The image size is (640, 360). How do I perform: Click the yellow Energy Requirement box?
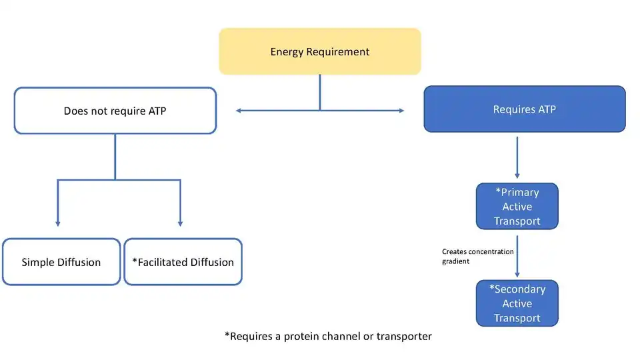(320, 51)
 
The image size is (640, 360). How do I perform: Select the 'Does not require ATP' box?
(115, 111)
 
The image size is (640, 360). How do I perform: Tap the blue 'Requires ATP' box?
(525, 109)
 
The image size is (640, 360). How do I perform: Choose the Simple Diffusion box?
(61, 262)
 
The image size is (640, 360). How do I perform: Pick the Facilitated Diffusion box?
(183, 262)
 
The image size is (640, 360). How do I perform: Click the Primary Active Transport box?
(517, 206)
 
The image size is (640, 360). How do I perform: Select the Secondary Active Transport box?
(517, 303)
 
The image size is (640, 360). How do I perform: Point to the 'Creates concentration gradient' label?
(477, 256)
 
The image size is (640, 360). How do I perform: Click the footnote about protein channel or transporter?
(328, 336)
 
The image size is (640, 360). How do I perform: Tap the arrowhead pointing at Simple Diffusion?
(58, 224)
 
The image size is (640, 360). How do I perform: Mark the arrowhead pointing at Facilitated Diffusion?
(181, 224)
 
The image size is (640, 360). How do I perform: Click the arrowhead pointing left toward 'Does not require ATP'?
(239, 111)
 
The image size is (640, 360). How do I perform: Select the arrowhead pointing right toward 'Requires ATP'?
(401, 111)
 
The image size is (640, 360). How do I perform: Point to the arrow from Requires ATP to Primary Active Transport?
(517, 157)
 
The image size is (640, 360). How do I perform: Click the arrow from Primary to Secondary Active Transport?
(517, 256)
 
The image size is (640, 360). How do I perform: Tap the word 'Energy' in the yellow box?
(287, 52)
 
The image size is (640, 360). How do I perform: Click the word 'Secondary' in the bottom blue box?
(517, 289)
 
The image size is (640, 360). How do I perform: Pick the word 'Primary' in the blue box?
(517, 192)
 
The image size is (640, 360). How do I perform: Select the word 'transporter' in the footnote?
(404, 336)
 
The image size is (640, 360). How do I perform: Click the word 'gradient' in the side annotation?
(455, 261)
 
